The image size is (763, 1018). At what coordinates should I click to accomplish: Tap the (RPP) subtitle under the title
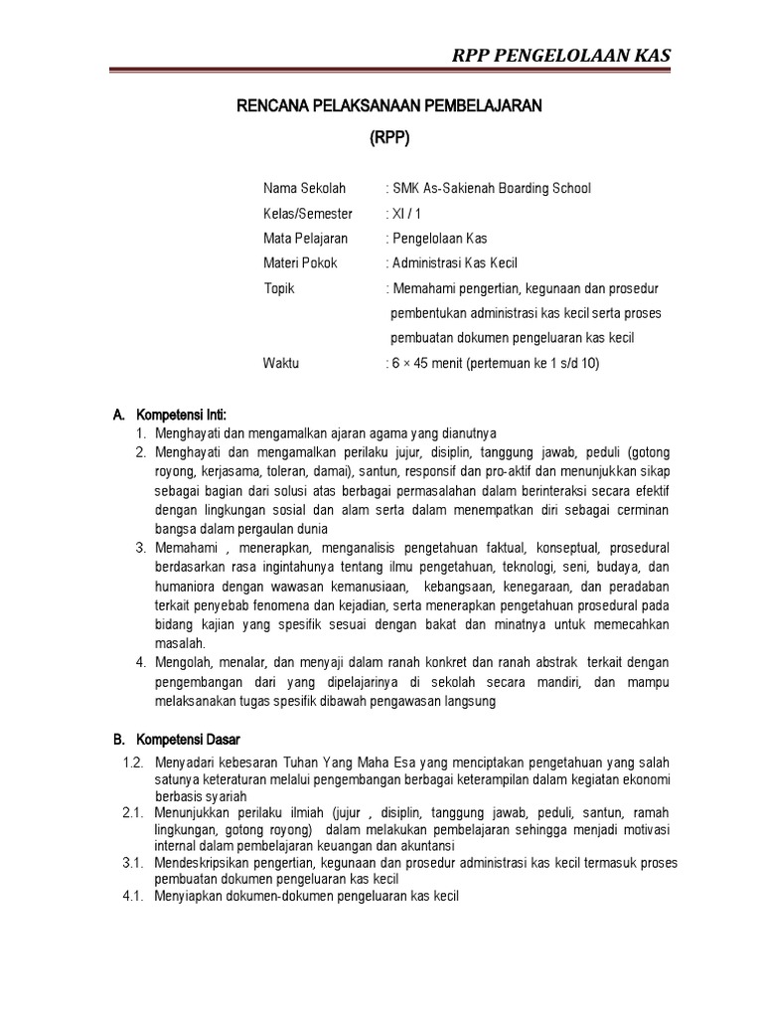click(x=389, y=138)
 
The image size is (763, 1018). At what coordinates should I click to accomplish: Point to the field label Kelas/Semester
click(x=307, y=214)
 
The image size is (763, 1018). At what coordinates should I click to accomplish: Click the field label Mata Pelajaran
click(x=305, y=239)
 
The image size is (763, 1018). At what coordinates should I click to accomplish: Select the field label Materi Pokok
click(x=300, y=263)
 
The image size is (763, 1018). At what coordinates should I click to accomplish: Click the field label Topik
click(x=279, y=288)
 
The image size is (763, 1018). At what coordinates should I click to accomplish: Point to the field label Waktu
click(x=280, y=363)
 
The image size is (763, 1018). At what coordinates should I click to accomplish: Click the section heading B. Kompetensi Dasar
click(x=183, y=740)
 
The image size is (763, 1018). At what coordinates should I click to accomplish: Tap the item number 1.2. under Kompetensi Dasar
click(x=134, y=763)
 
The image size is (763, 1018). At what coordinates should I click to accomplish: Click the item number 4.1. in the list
click(x=134, y=896)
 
